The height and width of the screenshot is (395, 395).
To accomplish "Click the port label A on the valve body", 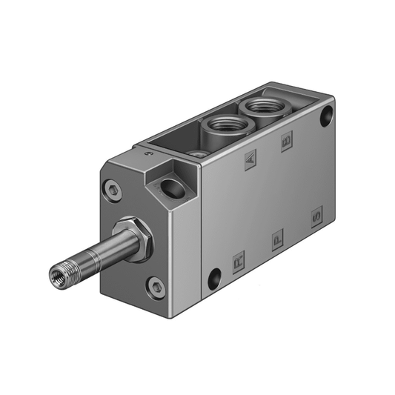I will pyautogui.click(x=250, y=158).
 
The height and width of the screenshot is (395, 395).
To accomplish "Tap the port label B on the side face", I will pyautogui.click(x=287, y=142).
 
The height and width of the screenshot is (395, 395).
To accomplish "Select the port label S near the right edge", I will pyautogui.click(x=316, y=217).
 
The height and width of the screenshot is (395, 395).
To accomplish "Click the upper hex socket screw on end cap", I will pyautogui.click(x=113, y=191).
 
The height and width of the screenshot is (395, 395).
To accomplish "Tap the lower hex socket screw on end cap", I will pyautogui.click(x=155, y=285).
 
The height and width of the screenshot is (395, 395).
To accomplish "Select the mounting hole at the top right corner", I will pyautogui.click(x=327, y=116).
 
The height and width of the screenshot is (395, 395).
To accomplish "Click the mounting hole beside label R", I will pyautogui.click(x=214, y=279).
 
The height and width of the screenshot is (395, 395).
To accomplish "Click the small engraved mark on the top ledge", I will pyautogui.click(x=148, y=155).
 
